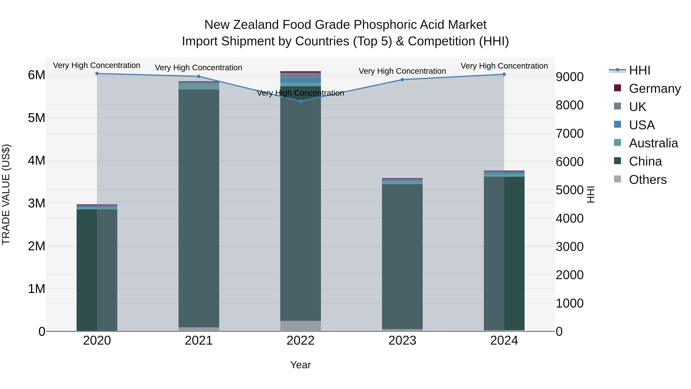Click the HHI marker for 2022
(x=300, y=101)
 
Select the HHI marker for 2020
(x=97, y=74)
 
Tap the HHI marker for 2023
(x=402, y=80)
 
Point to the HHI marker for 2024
(x=504, y=74)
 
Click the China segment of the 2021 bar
(x=199, y=208)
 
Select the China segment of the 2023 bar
(x=402, y=256)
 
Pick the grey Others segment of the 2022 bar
(x=300, y=326)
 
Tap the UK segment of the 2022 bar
(x=300, y=75)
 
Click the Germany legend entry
(x=655, y=89)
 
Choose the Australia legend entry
(x=653, y=143)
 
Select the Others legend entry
(x=648, y=180)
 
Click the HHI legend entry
(x=640, y=70)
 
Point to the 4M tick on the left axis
(x=36, y=161)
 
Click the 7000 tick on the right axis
(x=569, y=134)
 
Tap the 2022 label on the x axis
(x=300, y=341)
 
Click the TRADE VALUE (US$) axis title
(x=6, y=194)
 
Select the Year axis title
(x=300, y=365)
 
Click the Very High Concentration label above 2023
(x=402, y=71)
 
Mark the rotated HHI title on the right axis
(x=591, y=194)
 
